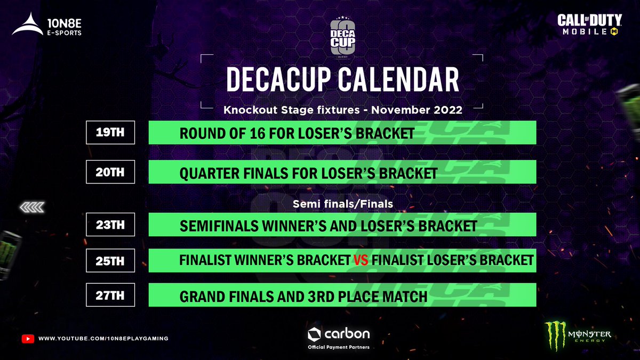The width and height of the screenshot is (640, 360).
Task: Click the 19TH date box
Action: [x=110, y=132]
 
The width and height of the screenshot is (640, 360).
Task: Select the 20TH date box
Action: [x=110, y=172]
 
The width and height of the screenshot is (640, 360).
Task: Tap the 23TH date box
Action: [x=110, y=225]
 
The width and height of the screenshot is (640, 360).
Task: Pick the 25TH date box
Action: [x=110, y=261]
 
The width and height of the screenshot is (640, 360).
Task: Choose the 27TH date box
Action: [x=110, y=296]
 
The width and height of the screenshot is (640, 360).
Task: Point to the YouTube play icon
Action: [x=28, y=339]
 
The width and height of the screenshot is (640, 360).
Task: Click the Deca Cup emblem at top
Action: [x=342, y=37]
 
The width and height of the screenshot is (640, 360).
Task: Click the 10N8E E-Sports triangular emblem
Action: [x=28, y=25]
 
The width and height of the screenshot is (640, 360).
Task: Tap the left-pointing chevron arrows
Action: [x=32, y=207]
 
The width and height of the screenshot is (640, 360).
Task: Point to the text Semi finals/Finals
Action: [x=342, y=204]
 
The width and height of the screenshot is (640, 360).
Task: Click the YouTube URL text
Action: [x=103, y=339]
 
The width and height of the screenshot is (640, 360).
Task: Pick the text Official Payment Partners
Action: [x=339, y=347]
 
